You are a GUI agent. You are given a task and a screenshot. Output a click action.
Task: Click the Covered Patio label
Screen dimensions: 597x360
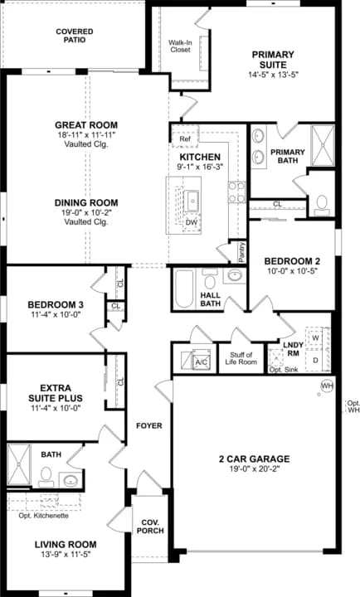coord(75,36)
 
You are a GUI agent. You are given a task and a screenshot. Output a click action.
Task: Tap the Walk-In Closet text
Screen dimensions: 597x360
coord(180,46)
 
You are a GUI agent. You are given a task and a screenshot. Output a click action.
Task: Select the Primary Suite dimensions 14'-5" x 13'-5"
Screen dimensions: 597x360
coord(274,73)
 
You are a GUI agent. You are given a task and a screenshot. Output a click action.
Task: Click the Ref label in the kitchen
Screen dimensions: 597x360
coord(185,138)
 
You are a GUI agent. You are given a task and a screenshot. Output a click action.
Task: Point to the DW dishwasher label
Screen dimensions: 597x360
coord(191,222)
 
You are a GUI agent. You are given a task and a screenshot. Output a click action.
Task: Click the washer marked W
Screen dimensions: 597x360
coord(315,338)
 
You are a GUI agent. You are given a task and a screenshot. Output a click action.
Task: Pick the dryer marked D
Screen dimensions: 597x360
coord(315,361)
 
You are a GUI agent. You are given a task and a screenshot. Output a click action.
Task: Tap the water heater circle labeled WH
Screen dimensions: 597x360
coord(328,386)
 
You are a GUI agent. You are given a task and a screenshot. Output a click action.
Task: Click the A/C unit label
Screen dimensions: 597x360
coord(200,362)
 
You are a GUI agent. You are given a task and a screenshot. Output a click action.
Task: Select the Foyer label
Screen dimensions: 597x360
coord(149,426)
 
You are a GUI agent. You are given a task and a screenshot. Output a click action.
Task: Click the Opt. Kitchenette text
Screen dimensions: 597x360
coord(43,516)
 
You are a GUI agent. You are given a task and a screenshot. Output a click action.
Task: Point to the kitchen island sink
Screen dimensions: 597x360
coord(192,200)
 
